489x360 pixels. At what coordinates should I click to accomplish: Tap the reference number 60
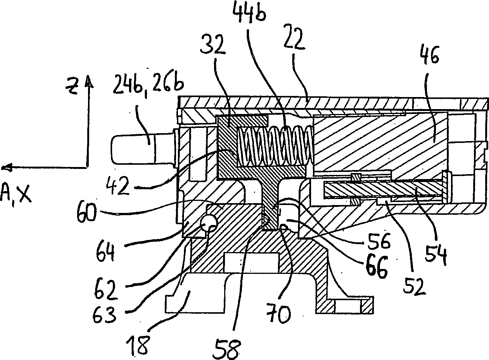coord(86,212)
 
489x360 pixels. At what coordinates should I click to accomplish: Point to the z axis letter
coord(72,87)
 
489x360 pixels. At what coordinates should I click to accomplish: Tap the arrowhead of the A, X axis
coord(6,168)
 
